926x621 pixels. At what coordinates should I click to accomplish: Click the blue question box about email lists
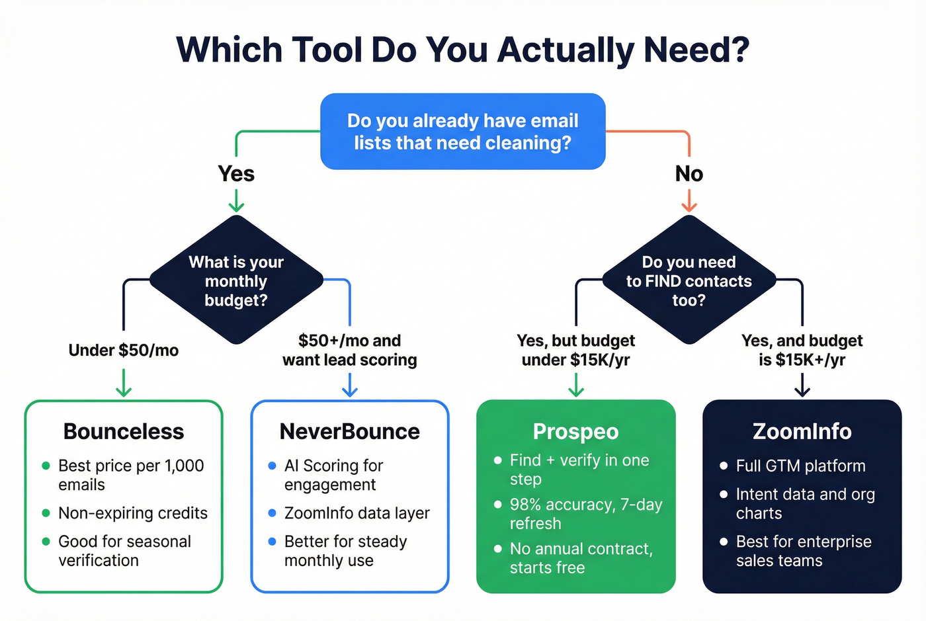[462, 132]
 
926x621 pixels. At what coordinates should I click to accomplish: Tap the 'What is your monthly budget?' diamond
[236, 280]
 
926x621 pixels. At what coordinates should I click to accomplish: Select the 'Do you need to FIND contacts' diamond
[689, 280]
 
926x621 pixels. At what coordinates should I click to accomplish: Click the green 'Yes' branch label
[236, 173]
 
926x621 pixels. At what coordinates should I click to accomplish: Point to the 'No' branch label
[689, 173]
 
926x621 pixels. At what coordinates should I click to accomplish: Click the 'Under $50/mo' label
[124, 350]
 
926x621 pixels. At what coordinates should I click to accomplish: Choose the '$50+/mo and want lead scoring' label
[349, 350]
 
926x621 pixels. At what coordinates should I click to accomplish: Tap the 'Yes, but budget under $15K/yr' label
[575, 350]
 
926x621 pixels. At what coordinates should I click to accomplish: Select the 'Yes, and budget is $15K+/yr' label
[802, 350]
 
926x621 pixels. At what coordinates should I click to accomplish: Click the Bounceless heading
[124, 431]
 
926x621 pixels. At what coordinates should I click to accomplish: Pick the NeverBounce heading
[349, 431]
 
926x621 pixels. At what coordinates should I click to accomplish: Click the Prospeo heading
[575, 431]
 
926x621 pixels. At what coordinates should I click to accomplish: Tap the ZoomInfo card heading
[802, 431]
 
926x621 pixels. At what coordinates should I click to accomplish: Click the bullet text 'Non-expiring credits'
[133, 513]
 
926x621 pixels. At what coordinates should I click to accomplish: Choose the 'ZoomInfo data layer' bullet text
[357, 513]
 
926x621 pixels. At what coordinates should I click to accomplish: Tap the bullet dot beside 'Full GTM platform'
[724, 466]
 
